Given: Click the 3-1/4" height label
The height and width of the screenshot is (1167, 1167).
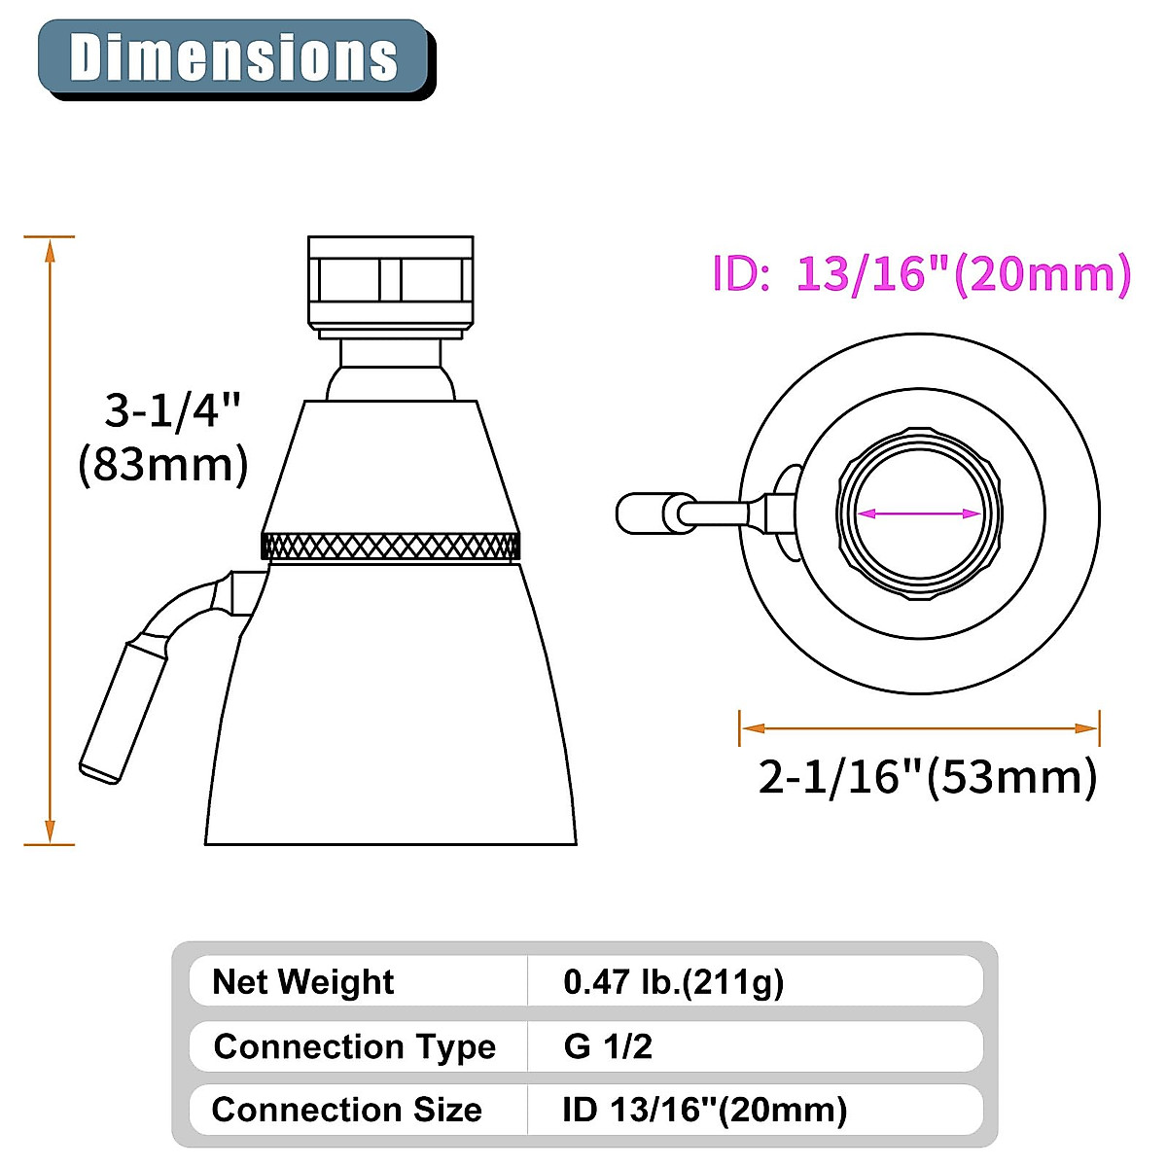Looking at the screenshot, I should click(172, 410).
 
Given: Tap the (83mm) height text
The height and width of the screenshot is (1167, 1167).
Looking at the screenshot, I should click(163, 465).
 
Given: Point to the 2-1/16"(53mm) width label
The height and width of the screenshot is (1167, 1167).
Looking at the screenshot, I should click(928, 777).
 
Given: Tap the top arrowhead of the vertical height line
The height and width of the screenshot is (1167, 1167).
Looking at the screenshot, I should click(50, 248).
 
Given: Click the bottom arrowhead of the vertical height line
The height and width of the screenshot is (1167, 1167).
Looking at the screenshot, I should click(50, 832).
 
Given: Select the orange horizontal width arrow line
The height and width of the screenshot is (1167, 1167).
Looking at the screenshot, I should click(919, 727).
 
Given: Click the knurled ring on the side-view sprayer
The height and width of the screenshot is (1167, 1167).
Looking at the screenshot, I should click(390, 546).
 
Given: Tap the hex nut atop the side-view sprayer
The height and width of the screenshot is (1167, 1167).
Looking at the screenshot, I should click(390, 280).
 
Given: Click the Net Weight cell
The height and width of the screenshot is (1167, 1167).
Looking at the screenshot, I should click(302, 981).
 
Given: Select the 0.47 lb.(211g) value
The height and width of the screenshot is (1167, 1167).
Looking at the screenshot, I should click(673, 981).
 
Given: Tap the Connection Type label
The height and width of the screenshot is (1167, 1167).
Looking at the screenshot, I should click(354, 1046).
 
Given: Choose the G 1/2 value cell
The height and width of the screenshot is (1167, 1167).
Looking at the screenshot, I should click(608, 1046).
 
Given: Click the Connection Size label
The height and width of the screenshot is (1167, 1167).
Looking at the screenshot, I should click(346, 1110).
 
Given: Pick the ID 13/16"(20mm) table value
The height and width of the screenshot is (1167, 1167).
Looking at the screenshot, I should click(704, 1110).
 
